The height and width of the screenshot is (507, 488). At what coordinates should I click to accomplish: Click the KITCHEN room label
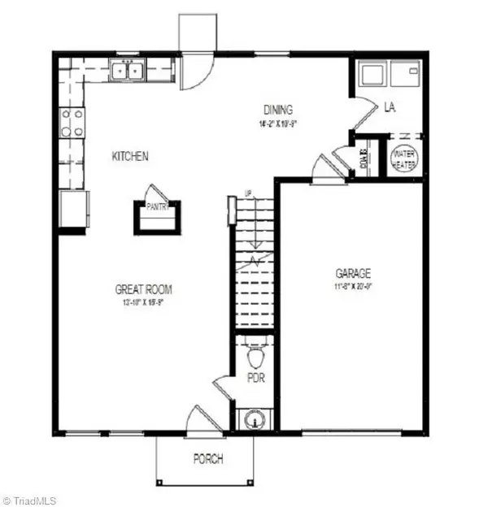point(130,156)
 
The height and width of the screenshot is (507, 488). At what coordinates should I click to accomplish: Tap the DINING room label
point(277,110)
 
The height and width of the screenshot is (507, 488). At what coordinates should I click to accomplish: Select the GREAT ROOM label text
point(143,289)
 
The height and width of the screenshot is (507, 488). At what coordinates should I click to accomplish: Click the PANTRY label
point(157,207)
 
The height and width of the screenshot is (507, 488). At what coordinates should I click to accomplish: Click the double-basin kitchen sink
point(127,71)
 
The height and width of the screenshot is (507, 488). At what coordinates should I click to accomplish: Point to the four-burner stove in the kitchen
point(72,122)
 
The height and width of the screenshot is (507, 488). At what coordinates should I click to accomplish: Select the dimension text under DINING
point(277,124)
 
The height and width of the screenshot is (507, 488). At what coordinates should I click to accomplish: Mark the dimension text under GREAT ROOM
point(143,302)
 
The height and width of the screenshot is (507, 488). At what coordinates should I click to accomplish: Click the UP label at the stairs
point(250,193)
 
